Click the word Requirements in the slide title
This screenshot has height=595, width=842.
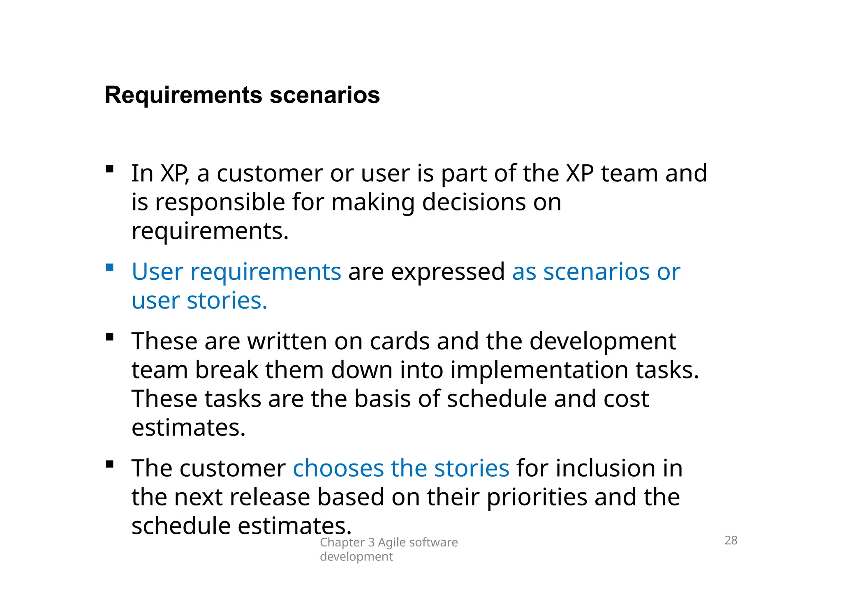pyautogui.click(x=183, y=95)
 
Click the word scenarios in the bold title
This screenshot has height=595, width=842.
pyautogui.click(x=324, y=95)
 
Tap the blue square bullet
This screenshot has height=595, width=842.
pyautogui.click(x=109, y=268)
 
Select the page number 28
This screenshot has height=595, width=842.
pyautogui.click(x=731, y=540)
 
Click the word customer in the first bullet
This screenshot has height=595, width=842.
pyautogui.click(x=270, y=173)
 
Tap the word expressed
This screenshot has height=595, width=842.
pyautogui.click(x=447, y=272)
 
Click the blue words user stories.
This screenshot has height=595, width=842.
pyautogui.click(x=199, y=301)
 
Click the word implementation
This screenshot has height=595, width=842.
pyautogui.click(x=539, y=370)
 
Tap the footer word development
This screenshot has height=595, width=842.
pyautogui.click(x=356, y=557)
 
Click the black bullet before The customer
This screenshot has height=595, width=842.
pyautogui.click(x=109, y=464)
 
